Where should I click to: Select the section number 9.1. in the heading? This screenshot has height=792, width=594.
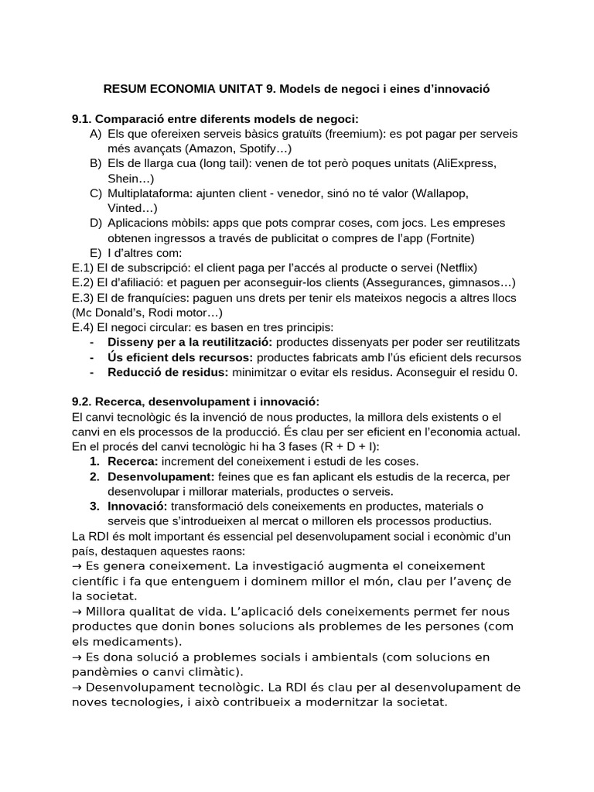(x=82, y=119)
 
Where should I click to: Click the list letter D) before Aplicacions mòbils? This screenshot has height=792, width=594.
(x=95, y=223)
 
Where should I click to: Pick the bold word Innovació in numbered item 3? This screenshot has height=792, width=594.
(x=137, y=506)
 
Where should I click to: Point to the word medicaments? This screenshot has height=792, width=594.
(x=136, y=641)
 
